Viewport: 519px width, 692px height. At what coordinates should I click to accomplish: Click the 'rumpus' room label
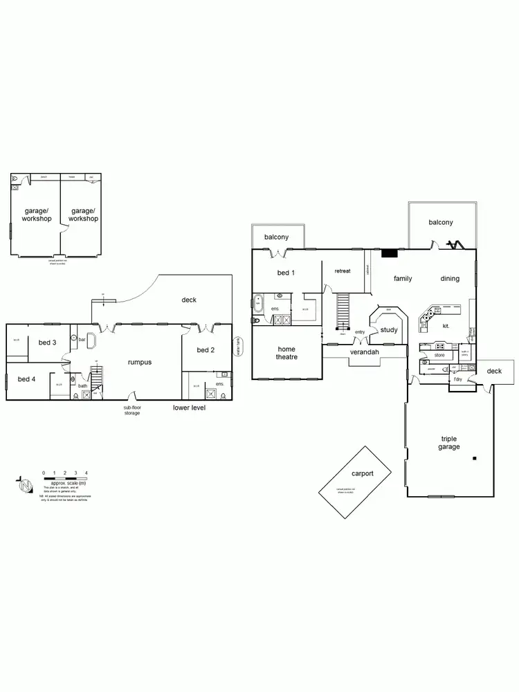(x=140, y=362)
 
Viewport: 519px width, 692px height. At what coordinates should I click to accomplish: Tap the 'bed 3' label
(x=47, y=343)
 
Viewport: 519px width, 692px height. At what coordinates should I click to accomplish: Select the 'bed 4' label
(x=27, y=379)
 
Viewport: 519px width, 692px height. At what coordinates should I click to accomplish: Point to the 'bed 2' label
(x=206, y=350)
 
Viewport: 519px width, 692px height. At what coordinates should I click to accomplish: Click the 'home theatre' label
(x=286, y=354)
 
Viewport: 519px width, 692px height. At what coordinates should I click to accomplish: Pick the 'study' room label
(x=389, y=330)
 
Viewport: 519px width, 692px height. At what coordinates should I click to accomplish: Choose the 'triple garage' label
(x=449, y=443)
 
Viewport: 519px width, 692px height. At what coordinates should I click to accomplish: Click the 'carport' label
(x=362, y=474)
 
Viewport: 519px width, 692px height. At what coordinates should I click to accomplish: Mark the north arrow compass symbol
(x=25, y=486)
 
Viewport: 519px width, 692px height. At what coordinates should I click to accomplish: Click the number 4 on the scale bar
(x=86, y=473)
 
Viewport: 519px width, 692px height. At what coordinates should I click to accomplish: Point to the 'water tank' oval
(x=239, y=345)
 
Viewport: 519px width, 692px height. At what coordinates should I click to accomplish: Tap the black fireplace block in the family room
(x=390, y=254)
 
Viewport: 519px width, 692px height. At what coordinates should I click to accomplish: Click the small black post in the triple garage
(x=475, y=458)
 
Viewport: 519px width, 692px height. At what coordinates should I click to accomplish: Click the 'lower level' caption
(x=189, y=408)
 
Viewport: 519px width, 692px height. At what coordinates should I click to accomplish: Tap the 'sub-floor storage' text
(x=131, y=410)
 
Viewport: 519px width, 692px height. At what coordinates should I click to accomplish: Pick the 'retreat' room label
(x=343, y=271)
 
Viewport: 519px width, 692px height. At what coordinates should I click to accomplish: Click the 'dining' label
(x=450, y=279)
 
